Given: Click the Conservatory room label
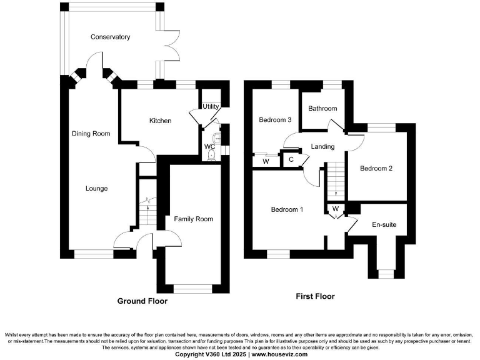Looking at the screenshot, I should pos(110,37).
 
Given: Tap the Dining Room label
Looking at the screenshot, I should pos(91,133).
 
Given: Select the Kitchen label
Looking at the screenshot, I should pos(160,121).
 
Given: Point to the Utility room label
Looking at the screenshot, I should pos(211,106).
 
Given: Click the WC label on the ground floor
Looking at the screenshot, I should pos(209,147).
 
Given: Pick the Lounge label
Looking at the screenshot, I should pos(97,188).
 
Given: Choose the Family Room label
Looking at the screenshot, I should pos(193,219).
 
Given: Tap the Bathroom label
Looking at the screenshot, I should pos(322,109).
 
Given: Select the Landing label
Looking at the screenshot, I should pos(322,147).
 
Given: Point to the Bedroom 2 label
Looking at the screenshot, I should pos(376,169).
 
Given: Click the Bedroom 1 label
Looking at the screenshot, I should pos(287,209).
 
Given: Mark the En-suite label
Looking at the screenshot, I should pos(384,224).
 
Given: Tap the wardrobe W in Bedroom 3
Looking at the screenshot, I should pos(266,161).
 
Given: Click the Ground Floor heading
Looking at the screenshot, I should pos(142,301).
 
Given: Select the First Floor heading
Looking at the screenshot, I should pos(315,296).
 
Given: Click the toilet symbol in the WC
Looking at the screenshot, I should pos(212,154).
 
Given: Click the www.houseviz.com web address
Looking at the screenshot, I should pos(279,354).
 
